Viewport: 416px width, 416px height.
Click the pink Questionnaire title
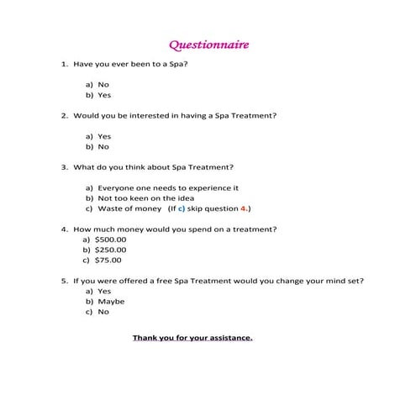(x=208, y=44)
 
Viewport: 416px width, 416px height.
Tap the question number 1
(x=63, y=63)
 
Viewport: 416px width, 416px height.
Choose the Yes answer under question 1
(x=104, y=95)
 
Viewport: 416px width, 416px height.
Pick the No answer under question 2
(x=104, y=146)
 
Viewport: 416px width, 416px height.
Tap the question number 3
(x=63, y=166)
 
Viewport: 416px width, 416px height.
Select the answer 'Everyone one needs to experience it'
(x=168, y=187)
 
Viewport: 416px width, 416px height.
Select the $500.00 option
(x=111, y=240)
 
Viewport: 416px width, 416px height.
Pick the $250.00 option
(x=111, y=250)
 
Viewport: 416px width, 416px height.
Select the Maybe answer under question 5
(x=111, y=301)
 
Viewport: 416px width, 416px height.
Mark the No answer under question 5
(x=103, y=311)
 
